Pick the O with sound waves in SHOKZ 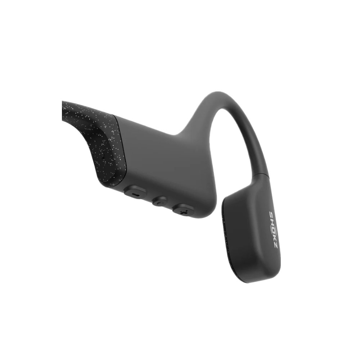pos(273,229)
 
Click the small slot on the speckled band pos(102,154)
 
